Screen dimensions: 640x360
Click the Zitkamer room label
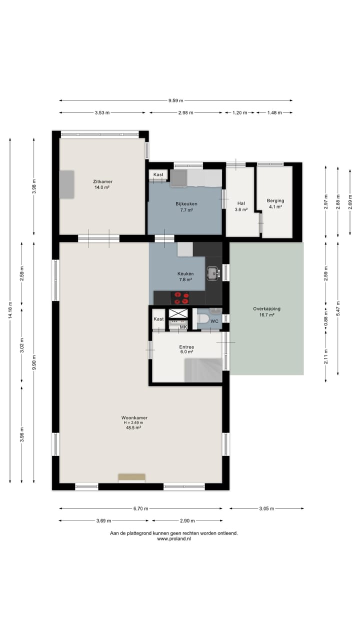pyautogui.click(x=102, y=184)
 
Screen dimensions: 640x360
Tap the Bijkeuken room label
pyautogui.click(x=186, y=207)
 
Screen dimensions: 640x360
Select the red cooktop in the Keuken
pyautogui.click(x=180, y=298)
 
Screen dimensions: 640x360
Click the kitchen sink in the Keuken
pyautogui.click(x=213, y=273)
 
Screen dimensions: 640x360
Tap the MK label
pyautogui.click(x=183, y=327)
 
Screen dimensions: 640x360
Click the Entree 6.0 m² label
pyautogui.click(x=186, y=349)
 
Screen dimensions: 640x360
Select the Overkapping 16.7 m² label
pyautogui.click(x=266, y=312)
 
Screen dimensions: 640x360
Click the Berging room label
pyautogui.click(x=275, y=203)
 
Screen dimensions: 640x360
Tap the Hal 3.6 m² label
pyautogui.click(x=241, y=206)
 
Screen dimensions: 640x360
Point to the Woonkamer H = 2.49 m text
pyautogui.click(x=134, y=422)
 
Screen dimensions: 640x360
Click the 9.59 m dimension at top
pyautogui.click(x=175, y=100)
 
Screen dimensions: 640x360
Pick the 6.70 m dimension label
pyautogui.click(x=140, y=508)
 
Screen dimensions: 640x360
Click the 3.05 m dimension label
pyautogui.click(x=266, y=508)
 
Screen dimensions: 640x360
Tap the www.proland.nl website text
pyautogui.click(x=174, y=539)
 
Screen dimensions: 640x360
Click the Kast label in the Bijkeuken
pyautogui.click(x=158, y=174)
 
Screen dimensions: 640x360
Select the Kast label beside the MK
pyautogui.click(x=158, y=319)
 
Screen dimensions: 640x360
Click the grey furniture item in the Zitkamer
pyautogui.click(x=67, y=184)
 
